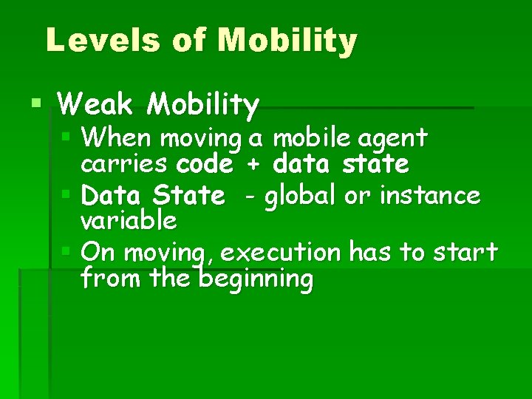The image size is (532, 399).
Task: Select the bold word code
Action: [x=205, y=163]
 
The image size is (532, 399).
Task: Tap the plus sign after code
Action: [x=253, y=164]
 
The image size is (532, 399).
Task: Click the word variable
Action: [x=129, y=220]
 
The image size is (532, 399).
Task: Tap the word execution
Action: [x=281, y=253]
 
